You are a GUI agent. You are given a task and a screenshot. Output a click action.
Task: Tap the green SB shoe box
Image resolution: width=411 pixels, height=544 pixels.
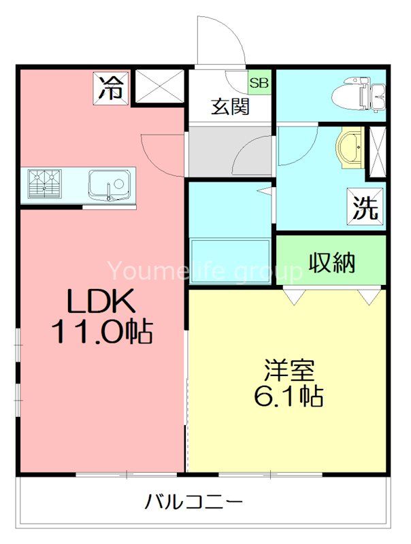pos(259,84)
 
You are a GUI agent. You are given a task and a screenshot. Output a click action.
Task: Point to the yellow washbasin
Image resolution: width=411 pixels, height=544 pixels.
pos(350,149)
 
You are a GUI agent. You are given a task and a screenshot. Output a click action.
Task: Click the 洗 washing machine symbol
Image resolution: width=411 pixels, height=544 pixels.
pos(366,207)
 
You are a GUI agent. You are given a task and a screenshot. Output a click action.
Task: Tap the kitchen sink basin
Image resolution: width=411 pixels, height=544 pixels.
pos(109,184)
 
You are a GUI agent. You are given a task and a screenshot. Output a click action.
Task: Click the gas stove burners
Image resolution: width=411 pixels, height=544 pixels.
pos(45,184)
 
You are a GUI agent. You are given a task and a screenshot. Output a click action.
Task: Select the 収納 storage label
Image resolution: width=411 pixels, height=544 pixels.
pos(332,262)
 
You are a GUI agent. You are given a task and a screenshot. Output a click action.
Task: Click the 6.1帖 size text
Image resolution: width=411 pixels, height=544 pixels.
pos(289,396)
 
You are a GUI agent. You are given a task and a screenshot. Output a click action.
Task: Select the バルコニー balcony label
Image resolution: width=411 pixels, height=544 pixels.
pos(194,504)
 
